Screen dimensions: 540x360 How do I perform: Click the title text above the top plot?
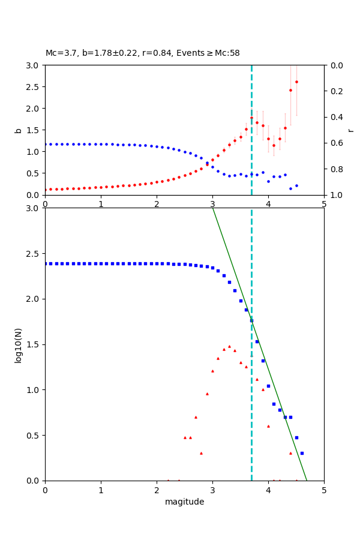click(x=143, y=53)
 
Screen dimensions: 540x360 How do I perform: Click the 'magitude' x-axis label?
click(x=184, y=502)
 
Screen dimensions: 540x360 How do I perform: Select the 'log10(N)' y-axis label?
click(x=18, y=344)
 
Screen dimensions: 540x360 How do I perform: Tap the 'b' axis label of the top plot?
click(x=18, y=130)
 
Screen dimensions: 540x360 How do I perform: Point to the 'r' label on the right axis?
click(x=351, y=130)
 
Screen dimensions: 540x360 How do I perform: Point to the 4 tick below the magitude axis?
click(x=268, y=490)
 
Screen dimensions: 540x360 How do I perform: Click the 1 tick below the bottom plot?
click(x=101, y=490)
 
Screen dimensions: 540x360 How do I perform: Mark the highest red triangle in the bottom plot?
click(x=229, y=346)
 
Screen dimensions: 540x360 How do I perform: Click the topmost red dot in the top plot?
click(x=296, y=82)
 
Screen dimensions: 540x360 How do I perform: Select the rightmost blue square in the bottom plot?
click(x=302, y=453)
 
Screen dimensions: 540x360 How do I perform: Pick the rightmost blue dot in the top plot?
click(x=296, y=185)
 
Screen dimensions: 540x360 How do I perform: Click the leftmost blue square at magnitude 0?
click(x=45, y=263)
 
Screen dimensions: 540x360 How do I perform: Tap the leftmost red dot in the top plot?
click(x=45, y=190)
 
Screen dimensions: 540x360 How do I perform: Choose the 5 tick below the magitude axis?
click(x=324, y=490)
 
